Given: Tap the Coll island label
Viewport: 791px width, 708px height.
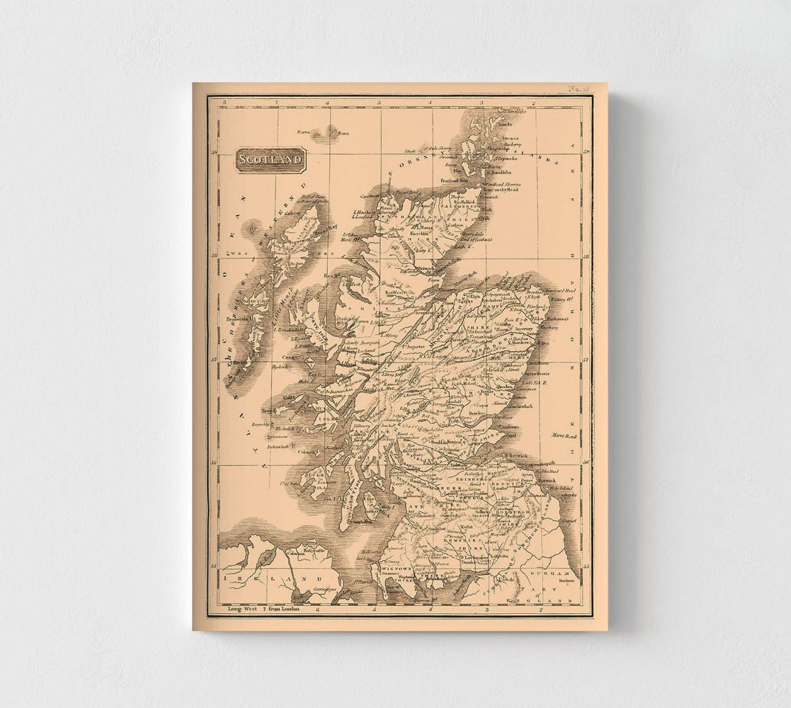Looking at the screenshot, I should (x=288, y=397).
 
